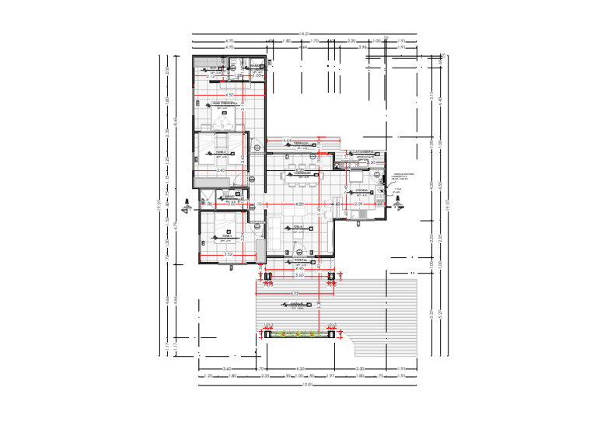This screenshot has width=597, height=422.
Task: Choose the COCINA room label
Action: [x=361, y=190]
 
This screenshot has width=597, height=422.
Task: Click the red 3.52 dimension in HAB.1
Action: [x=228, y=253]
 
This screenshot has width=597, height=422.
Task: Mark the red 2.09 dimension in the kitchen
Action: [x=359, y=204]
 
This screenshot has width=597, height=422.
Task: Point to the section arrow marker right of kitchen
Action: [x=399, y=200]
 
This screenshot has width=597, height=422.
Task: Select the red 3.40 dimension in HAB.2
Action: [x=221, y=169]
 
